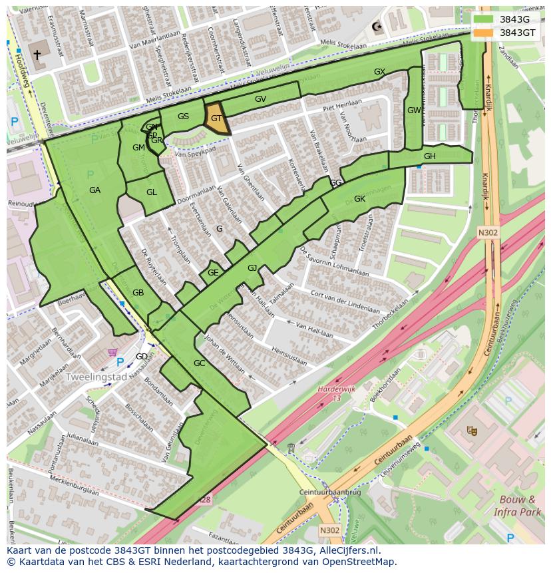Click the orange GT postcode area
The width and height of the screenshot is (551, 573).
216,119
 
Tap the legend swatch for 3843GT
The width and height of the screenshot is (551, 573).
484,32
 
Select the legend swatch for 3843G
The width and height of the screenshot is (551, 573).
484,19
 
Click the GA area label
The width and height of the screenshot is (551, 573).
94,190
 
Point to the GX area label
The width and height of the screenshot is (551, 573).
379,72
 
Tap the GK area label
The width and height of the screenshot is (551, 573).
359,199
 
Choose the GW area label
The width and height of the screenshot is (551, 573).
414,110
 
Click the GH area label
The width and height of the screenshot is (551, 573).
429,156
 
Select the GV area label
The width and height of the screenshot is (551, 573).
260,99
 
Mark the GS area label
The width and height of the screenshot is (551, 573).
183,116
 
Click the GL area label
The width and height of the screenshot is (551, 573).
151,192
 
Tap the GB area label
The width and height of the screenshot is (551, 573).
138,293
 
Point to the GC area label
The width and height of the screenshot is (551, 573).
199,363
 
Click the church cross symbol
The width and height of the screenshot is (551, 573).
37,55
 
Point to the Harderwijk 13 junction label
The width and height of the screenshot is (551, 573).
329,393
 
